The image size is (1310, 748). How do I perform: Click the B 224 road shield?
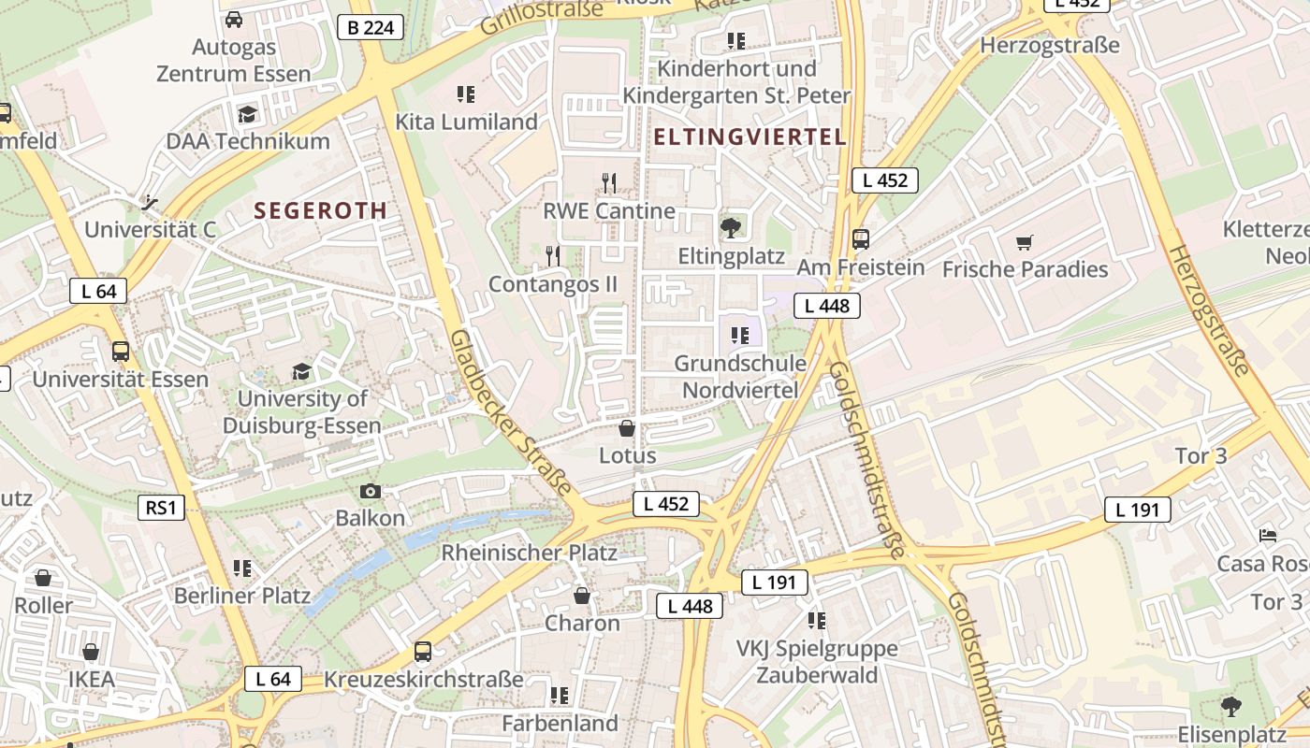tap(371, 27)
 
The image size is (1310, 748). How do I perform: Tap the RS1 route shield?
tap(160, 508)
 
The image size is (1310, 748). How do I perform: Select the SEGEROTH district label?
tap(320, 210)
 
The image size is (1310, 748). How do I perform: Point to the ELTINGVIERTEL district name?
tap(750, 137)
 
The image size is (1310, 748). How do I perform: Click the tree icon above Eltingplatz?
tap(729, 227)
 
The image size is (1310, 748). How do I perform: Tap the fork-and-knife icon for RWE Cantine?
tap(609, 181)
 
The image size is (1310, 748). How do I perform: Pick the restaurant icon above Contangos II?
tap(553, 254)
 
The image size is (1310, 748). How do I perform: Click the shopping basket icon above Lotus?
tap(627, 428)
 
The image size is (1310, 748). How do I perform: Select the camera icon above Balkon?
tap(371, 491)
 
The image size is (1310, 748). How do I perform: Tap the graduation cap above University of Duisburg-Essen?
tap(301, 371)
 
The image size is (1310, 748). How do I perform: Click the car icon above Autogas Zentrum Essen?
tap(234, 19)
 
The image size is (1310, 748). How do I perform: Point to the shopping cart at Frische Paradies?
tap(1025, 242)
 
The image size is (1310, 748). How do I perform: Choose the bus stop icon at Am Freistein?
tap(860, 238)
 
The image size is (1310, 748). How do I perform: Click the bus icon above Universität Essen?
tap(120, 352)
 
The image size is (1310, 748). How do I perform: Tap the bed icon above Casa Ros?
tap(1268, 535)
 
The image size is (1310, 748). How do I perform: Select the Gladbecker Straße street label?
tap(510, 411)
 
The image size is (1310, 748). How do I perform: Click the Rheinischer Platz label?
tap(529, 553)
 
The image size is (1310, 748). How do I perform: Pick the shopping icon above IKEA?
tap(91, 652)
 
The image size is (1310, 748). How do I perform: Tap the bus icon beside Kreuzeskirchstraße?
tap(423, 652)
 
